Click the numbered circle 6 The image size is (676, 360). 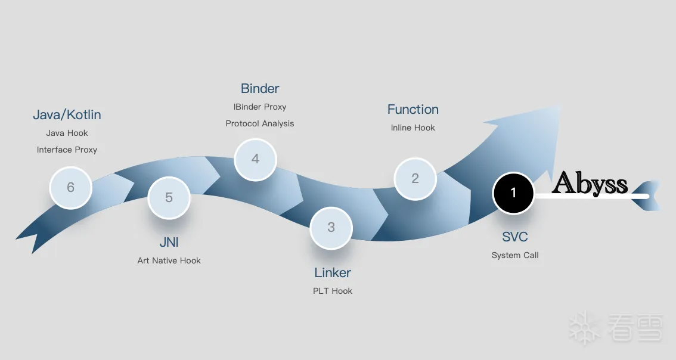pyautogui.click(x=70, y=188)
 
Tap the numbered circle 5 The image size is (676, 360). pyautogui.click(x=169, y=197)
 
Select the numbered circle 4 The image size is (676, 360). pyautogui.click(x=255, y=159)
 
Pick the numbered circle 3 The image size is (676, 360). pyautogui.click(x=331, y=228)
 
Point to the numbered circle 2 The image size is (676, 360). pyautogui.click(x=415, y=178)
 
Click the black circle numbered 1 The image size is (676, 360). pyautogui.click(x=513, y=193)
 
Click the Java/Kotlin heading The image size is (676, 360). pyautogui.click(x=67, y=114)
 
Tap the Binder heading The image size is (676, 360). pyautogui.click(x=260, y=89)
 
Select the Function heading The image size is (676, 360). pyautogui.click(x=413, y=110)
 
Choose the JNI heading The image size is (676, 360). pyautogui.click(x=169, y=243)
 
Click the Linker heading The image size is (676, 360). pyautogui.click(x=333, y=273)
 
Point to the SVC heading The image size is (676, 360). pyautogui.click(x=515, y=237)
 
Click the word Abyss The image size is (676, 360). pyautogui.click(x=590, y=184)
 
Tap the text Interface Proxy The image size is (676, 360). pyautogui.click(x=67, y=150)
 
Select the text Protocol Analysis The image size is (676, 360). pyautogui.click(x=260, y=124)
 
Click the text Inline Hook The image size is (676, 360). pyautogui.click(x=413, y=128)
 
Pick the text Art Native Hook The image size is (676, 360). pyautogui.click(x=169, y=261)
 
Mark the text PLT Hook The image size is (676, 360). pyautogui.click(x=333, y=291)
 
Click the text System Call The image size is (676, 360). pyautogui.click(x=515, y=256)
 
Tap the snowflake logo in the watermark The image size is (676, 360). pyautogui.click(x=584, y=328)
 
